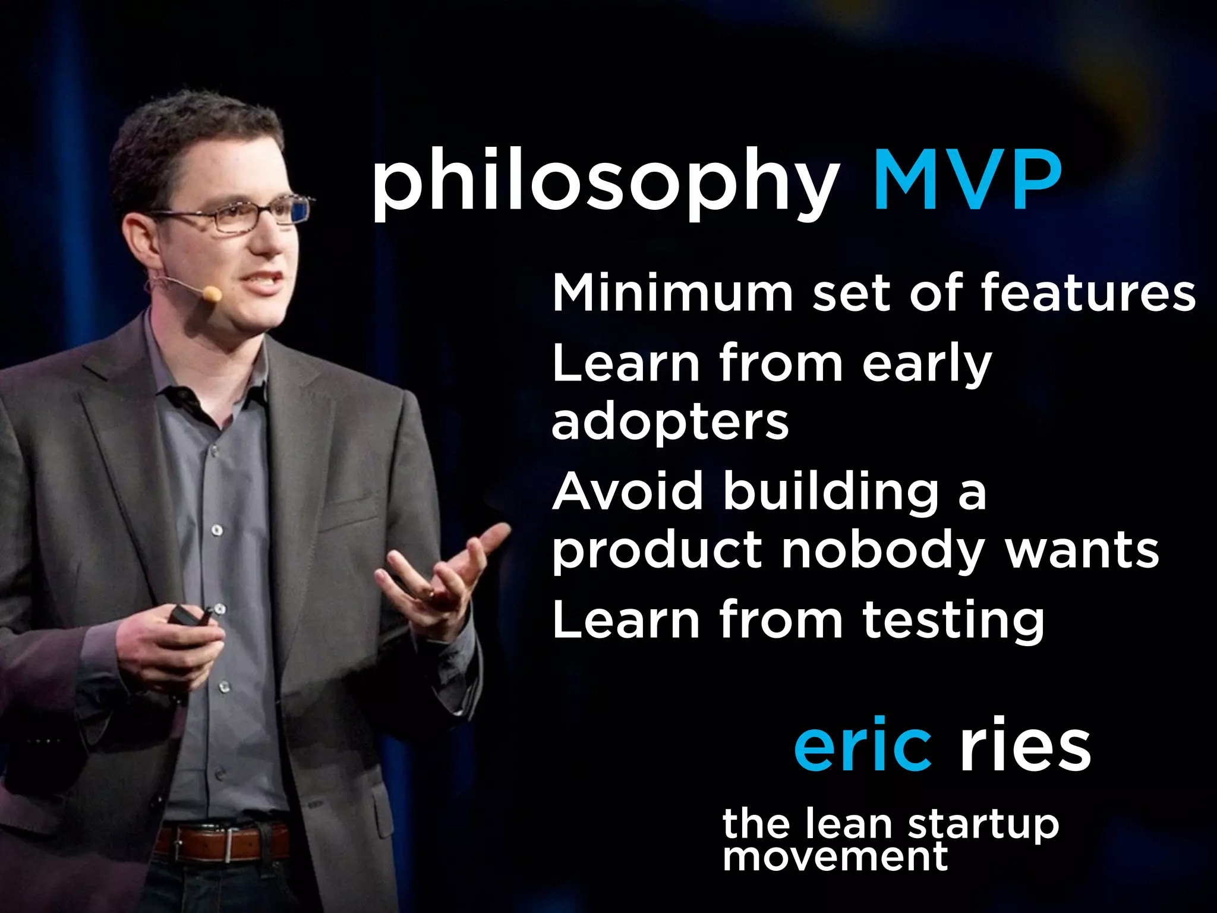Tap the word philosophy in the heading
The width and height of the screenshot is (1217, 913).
tap(604, 181)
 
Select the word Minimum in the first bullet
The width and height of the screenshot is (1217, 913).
tap(672, 292)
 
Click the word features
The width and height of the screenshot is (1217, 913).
tap(1087, 292)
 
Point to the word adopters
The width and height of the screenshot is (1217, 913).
tap(670, 423)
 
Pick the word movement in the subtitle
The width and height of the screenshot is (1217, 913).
tap(835, 858)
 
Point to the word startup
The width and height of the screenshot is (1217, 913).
tap(983, 825)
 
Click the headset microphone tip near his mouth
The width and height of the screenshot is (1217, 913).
tap(212, 293)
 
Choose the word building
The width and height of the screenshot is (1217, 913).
tap(831, 492)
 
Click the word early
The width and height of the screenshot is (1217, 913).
tap(926, 364)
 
